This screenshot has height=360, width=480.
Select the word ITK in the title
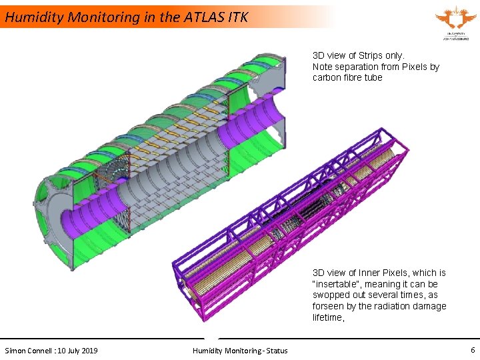tap(237, 17)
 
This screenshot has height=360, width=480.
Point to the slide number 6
tap(473, 350)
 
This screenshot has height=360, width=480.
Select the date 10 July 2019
tap(77, 351)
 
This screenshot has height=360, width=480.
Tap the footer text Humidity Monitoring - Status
tap(240, 351)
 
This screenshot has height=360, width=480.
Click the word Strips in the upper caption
tap(372, 56)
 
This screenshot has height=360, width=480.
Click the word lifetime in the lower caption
tap(327, 317)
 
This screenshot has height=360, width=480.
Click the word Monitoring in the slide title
tap(101, 17)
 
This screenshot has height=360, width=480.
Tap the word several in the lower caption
tap(393, 295)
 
